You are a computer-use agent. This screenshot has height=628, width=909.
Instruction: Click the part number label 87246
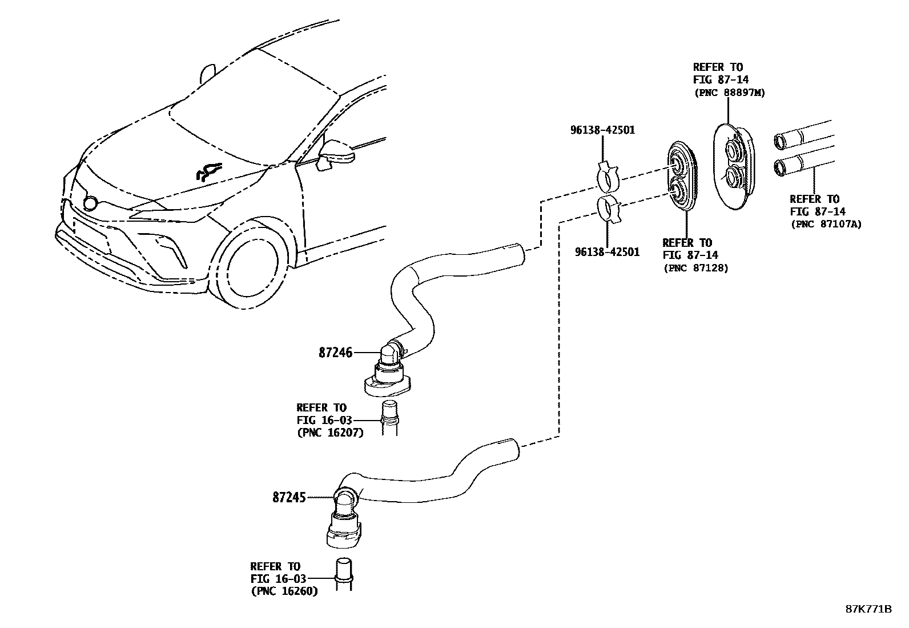pyautogui.click(x=335, y=353)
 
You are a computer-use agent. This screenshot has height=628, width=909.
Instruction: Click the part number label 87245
pyautogui.click(x=290, y=498)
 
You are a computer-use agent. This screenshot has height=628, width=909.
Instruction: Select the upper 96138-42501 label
pyautogui.click(x=602, y=130)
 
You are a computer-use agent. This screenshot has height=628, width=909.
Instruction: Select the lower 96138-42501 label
pyautogui.click(x=607, y=252)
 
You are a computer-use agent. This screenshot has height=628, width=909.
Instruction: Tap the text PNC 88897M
pyautogui.click(x=729, y=93)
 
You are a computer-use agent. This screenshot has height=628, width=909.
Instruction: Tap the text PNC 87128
pyautogui.click(x=695, y=268)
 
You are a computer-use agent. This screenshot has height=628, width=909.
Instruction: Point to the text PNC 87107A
pyautogui.click(x=826, y=224)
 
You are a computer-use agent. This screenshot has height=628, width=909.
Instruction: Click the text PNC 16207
pyautogui.click(x=330, y=433)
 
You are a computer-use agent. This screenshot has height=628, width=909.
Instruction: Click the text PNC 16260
pyautogui.click(x=284, y=591)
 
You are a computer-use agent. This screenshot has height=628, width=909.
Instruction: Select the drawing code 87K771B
pyautogui.click(x=868, y=609)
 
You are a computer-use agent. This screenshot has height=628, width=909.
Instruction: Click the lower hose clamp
pyautogui.click(x=609, y=209)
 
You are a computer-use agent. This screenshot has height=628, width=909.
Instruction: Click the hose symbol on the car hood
pyautogui.click(x=208, y=171)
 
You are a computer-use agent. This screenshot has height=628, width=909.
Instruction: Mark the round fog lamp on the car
pyautogui.click(x=90, y=203)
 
